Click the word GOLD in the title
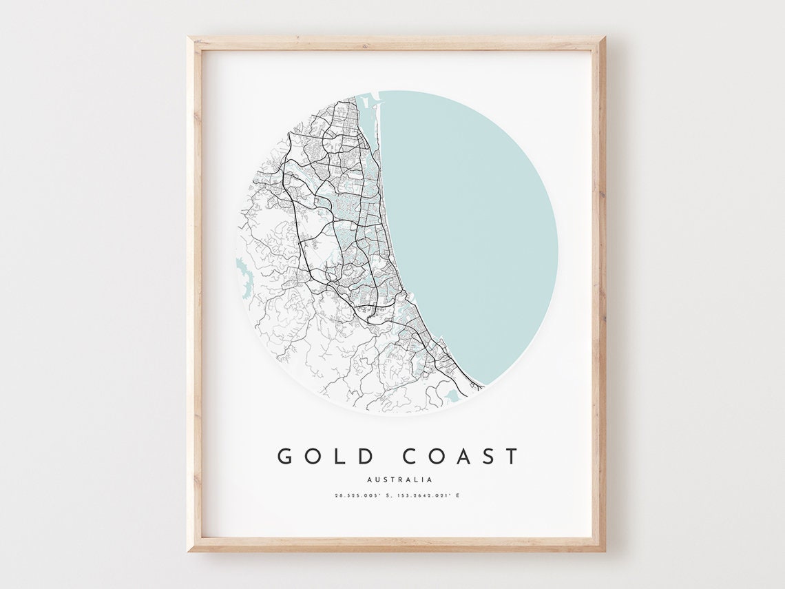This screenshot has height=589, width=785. click(325, 456)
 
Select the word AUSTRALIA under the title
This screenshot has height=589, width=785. click(399, 479)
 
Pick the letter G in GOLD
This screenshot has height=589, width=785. click(285, 456)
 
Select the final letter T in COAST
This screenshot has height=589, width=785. click(511, 456)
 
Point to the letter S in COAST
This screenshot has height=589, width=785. click(488, 456)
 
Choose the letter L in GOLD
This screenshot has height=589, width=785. click(340, 456)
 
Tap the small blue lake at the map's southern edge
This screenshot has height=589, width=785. click(451, 395)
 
